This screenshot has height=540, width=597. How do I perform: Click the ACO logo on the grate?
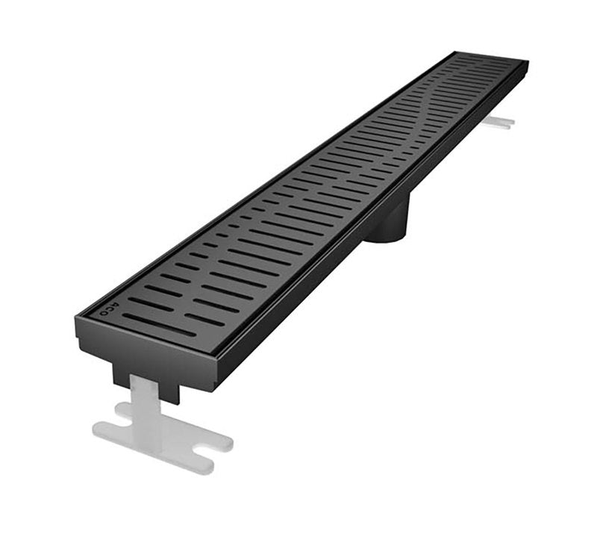click(x=107, y=310)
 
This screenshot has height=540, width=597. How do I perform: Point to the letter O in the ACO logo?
click(x=102, y=314)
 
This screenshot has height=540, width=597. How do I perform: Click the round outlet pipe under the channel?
click(x=393, y=224)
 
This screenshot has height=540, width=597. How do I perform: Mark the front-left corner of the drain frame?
click(x=77, y=318)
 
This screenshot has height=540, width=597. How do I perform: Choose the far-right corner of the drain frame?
click(x=528, y=63)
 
